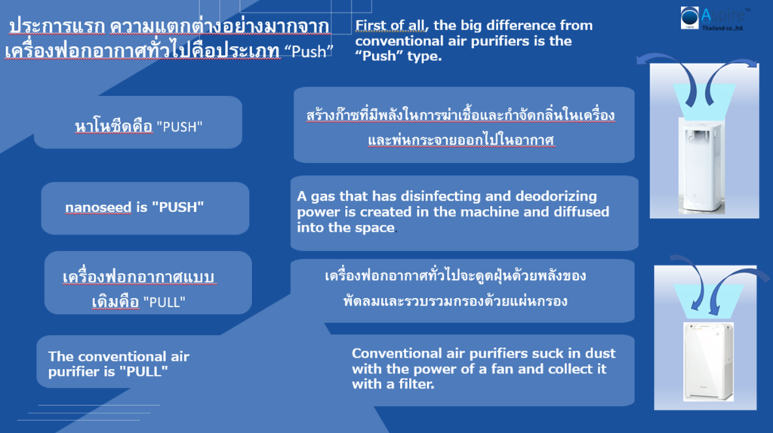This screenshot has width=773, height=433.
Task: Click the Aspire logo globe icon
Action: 690,18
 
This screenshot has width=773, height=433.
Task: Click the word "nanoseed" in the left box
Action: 98,207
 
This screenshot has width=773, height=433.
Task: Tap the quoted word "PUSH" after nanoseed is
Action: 177,207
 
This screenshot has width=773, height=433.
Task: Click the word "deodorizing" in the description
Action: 556,197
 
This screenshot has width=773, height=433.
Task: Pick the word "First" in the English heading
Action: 371,25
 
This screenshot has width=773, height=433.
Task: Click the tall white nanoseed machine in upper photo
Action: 701,165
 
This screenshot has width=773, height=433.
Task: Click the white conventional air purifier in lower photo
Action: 708,361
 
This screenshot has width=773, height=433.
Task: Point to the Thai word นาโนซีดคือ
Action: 114,127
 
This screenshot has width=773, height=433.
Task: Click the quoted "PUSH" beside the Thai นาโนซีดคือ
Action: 180,127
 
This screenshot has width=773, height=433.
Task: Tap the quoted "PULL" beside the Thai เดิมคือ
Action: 164,302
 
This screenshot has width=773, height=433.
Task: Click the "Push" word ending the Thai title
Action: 309,51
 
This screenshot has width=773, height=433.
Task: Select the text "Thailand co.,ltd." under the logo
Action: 722,28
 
